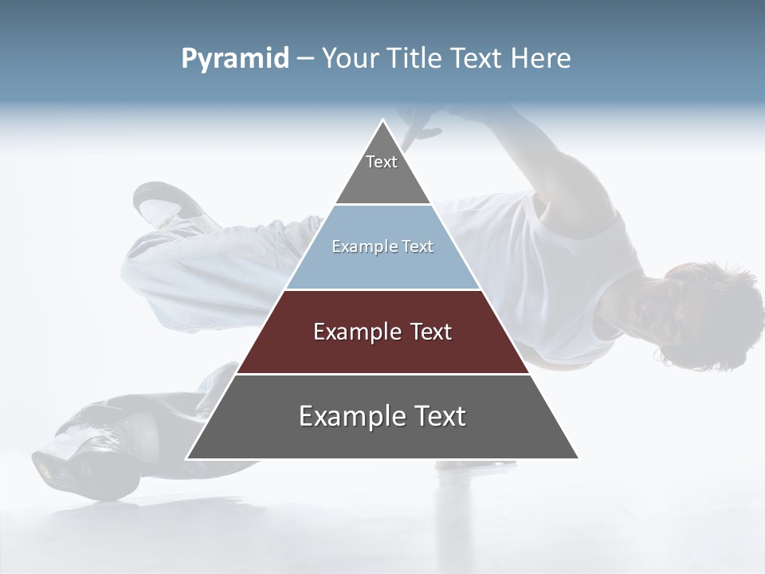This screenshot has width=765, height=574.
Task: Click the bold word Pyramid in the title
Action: [234, 58]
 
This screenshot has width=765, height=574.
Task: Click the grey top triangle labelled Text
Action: [382, 171]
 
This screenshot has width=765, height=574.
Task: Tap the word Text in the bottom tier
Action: [437, 416]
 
